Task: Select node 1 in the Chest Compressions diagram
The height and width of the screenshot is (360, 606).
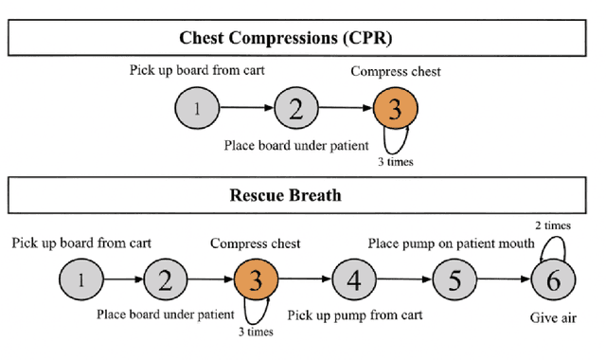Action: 196,109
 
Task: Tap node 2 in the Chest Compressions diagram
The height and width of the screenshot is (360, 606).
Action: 295,109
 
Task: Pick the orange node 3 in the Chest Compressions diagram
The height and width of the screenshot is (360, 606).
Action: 395,109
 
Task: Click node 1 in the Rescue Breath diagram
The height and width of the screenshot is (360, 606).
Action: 80,279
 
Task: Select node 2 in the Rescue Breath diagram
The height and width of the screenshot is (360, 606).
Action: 166,279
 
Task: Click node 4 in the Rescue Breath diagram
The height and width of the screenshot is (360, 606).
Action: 353,279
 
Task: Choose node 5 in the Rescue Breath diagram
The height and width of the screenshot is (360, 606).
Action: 454,279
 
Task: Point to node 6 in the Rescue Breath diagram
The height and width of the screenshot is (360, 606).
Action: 553,279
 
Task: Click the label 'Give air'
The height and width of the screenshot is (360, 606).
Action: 553,318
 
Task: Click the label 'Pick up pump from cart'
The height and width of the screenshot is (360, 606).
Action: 354,315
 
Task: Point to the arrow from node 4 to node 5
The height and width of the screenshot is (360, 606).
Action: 403,279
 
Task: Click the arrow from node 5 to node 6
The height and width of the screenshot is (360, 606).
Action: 503,279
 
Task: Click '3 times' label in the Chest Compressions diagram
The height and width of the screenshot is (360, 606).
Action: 394,161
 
